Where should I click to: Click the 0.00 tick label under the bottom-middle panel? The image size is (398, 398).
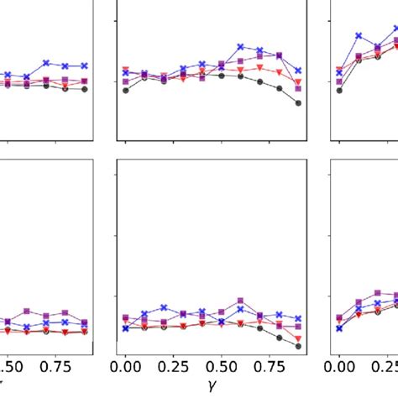pos(125,366)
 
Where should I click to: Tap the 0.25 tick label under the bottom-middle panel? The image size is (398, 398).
pos(172,366)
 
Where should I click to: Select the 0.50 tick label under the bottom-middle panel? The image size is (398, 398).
pos(221,366)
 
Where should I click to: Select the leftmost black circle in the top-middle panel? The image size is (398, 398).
pos(126,90)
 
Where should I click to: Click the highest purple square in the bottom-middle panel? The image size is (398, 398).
pos(241,300)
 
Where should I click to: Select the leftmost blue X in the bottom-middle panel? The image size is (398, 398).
pos(126,328)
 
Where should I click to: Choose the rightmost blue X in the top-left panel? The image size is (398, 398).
pos(85,65)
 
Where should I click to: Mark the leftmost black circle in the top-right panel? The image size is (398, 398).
pos(339,90)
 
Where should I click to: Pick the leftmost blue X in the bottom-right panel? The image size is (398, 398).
pos(339,328)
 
